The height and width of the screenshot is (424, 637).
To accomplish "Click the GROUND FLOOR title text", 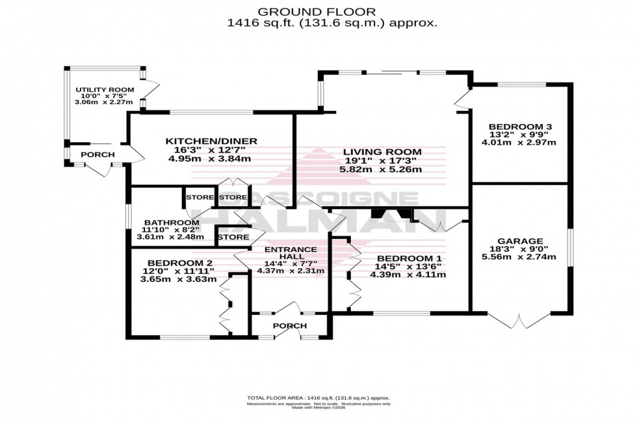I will (318, 11).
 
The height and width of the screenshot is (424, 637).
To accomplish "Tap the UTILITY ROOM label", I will (105, 90).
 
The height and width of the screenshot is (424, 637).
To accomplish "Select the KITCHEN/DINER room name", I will (211, 141).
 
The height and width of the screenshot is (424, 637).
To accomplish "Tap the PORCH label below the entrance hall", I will (290, 325).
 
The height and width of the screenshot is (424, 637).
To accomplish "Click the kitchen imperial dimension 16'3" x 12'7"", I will (211, 149).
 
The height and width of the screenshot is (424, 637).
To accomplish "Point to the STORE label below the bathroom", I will (233, 238).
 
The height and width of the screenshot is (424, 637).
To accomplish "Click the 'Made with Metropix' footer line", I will (318, 408).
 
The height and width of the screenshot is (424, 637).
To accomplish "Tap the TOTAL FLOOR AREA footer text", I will (318, 398).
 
